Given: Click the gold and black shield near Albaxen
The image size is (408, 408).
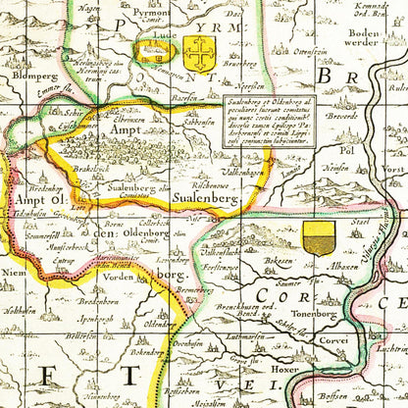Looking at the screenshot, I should click(318, 238).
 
